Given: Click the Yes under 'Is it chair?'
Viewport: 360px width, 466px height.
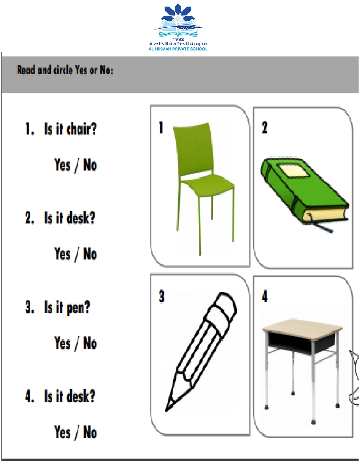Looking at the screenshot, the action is pyautogui.click(x=62, y=165).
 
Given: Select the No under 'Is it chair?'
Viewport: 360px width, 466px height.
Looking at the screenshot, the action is pyautogui.click(x=90, y=165).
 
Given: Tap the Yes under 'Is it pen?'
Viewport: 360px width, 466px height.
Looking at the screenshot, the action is pyautogui.click(x=62, y=343).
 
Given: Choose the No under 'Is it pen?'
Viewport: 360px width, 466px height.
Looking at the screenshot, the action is pyautogui.click(x=90, y=343).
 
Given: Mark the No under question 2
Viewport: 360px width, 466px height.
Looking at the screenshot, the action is pyautogui.click(x=90, y=254).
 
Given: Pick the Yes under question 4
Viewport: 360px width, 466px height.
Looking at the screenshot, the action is pyautogui.click(x=62, y=432).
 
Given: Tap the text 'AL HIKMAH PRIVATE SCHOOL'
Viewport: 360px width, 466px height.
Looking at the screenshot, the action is pyautogui.click(x=178, y=49).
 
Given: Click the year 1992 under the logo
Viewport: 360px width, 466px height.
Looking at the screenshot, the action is pyautogui.click(x=178, y=39).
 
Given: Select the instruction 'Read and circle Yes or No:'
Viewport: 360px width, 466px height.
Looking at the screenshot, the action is pyautogui.click(x=65, y=70).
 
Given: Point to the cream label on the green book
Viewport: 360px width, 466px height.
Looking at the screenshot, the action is pyautogui.click(x=293, y=171).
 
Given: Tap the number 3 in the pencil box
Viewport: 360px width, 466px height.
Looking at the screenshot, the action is pyautogui.click(x=161, y=296).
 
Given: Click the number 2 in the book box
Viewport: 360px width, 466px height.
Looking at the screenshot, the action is pyautogui.click(x=264, y=127).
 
